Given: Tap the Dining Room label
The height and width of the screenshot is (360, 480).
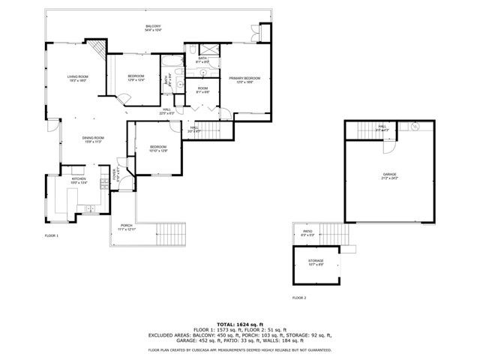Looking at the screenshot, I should (x=92, y=139).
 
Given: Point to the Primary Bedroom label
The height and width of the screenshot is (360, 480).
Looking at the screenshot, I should (x=244, y=79).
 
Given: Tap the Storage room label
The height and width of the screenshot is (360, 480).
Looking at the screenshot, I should (x=315, y=262).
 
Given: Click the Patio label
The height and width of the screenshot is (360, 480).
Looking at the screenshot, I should (x=307, y=233).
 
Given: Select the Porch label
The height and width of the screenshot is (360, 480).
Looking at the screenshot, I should (x=127, y=227).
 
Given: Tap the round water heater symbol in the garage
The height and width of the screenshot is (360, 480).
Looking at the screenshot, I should (x=413, y=128).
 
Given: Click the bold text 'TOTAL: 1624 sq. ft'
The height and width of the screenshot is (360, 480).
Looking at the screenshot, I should (x=239, y=323).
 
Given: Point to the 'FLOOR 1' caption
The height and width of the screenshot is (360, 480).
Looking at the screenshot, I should (x=51, y=236).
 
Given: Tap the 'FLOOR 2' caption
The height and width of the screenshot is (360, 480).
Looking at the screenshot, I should (x=299, y=298).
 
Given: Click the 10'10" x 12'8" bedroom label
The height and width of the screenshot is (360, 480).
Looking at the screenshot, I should (x=158, y=148).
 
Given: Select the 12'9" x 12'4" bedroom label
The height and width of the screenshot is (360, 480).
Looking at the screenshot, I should (x=136, y=78).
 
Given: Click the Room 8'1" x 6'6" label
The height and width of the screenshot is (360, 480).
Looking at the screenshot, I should (x=202, y=90).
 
